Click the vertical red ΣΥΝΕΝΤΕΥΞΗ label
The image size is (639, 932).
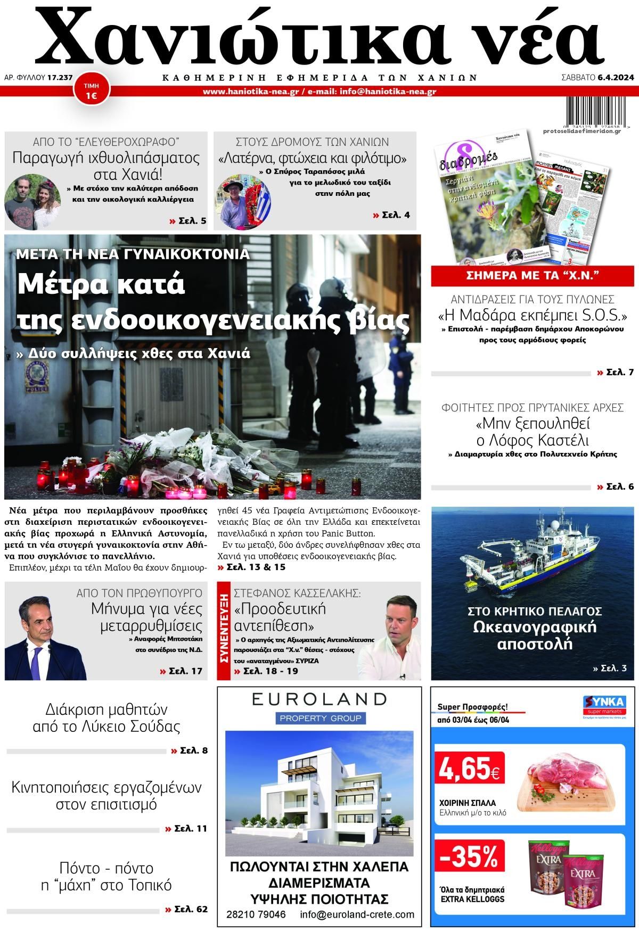[x=224, y=631]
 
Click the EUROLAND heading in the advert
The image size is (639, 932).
[x=319, y=699]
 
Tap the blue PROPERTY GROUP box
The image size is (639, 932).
[x=319, y=719]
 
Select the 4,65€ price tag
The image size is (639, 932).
[x=469, y=768]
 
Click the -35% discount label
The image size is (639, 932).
[x=469, y=856]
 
